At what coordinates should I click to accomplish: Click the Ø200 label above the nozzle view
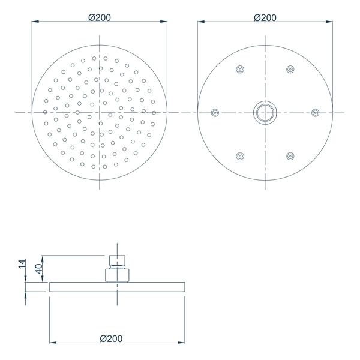click(x=99, y=17)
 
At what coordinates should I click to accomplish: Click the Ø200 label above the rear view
click(x=265, y=17)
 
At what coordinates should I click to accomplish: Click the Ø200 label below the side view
click(x=112, y=338)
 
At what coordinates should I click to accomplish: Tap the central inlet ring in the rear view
click(x=265, y=112)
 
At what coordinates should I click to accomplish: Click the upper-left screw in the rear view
click(x=240, y=69)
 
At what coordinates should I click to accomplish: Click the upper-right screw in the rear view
click(x=290, y=69)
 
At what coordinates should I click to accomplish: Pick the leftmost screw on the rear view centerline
click(x=215, y=112)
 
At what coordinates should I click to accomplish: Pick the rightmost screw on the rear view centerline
click(x=315, y=112)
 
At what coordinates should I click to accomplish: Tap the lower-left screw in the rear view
click(x=240, y=156)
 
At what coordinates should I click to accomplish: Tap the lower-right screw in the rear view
click(x=290, y=156)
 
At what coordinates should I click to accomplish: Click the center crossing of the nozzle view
click(x=99, y=112)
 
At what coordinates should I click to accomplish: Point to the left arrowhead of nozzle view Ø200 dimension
click(x=34, y=23)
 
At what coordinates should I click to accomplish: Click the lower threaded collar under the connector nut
click(x=118, y=275)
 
